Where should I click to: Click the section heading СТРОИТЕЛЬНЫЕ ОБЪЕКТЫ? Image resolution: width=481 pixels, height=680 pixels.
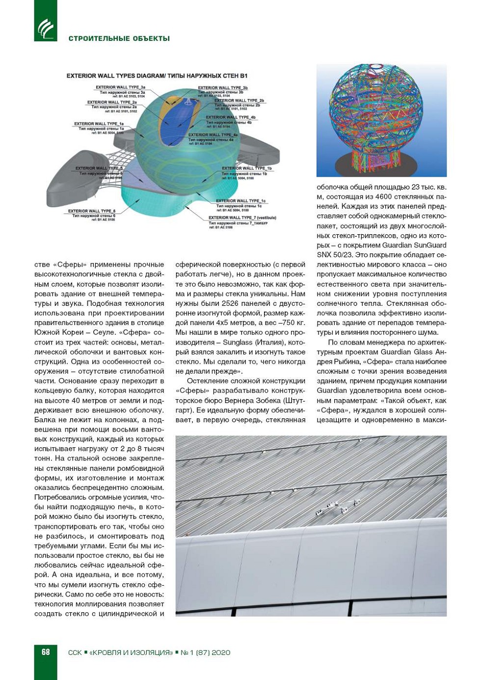tap(119, 38)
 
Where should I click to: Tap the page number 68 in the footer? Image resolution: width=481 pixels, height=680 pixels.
tap(46, 652)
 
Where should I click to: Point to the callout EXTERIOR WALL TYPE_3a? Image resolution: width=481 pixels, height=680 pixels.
tap(120, 87)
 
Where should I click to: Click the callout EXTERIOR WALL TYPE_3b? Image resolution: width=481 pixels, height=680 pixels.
tap(222, 88)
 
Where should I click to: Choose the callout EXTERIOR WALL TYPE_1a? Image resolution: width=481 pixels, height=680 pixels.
tap(99, 124)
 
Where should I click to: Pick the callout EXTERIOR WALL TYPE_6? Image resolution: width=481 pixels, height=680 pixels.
tap(92, 211)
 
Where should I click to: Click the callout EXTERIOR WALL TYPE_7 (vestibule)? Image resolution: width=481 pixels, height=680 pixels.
tap(242, 218)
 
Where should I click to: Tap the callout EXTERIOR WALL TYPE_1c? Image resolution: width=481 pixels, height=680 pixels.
tap(240, 201)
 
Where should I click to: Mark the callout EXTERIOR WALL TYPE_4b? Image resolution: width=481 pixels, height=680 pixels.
tap(230, 117)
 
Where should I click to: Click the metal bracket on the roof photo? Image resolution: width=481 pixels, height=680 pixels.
tap(337, 507)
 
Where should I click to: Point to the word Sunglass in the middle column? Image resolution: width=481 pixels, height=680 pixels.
tap(239, 342)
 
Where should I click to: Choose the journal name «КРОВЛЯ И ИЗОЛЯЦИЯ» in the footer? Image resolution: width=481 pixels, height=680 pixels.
tap(131, 653)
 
